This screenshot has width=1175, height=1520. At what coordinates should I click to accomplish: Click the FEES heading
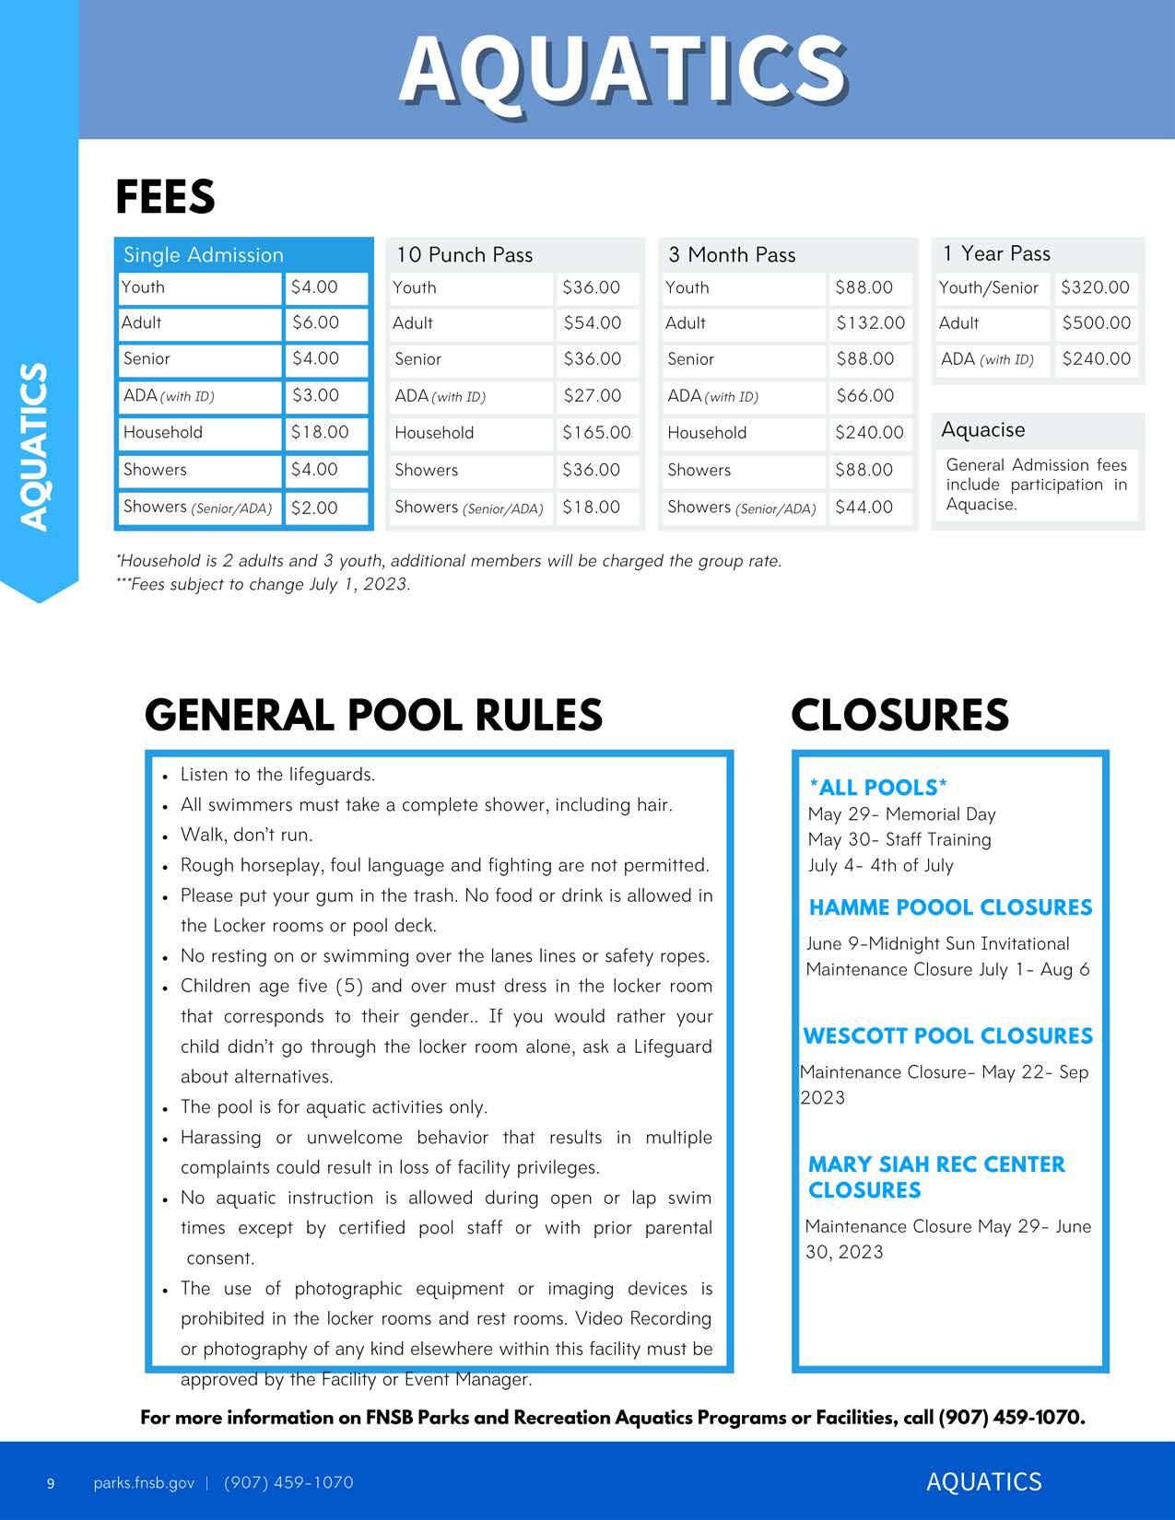click(x=165, y=196)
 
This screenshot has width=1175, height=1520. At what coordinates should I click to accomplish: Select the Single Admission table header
click(x=204, y=254)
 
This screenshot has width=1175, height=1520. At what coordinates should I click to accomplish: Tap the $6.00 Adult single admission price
click(x=315, y=322)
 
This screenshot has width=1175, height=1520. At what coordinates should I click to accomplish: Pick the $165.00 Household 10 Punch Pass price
click(x=596, y=432)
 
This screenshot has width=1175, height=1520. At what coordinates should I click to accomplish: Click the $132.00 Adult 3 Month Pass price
click(x=870, y=322)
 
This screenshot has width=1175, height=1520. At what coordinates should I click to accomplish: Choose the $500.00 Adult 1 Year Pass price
click(x=1096, y=322)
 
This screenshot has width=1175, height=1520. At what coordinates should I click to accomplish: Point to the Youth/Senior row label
click(x=988, y=287)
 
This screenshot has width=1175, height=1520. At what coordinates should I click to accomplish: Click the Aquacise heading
click(x=982, y=429)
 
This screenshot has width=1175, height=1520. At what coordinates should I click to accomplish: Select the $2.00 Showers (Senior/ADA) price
click(x=314, y=508)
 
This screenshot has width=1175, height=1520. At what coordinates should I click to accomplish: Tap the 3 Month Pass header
click(x=732, y=254)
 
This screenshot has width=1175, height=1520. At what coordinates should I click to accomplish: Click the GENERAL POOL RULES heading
click(x=373, y=715)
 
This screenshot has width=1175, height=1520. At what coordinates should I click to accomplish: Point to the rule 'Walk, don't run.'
click(x=246, y=835)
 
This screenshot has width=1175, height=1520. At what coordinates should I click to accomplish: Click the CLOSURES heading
click(x=899, y=715)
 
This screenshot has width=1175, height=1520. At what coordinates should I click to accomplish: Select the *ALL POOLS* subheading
click(x=877, y=787)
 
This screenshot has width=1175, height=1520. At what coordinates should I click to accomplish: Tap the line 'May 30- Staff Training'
click(x=899, y=839)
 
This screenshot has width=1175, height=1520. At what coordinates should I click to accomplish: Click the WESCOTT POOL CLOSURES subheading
click(x=947, y=1035)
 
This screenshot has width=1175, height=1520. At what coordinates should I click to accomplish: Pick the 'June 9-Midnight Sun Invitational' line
click(x=937, y=943)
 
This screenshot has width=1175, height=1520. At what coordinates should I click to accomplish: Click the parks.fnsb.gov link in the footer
click(x=144, y=1482)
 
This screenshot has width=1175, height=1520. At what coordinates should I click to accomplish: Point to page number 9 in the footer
click(x=51, y=1483)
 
